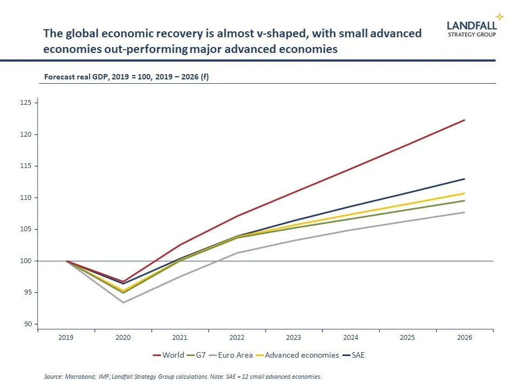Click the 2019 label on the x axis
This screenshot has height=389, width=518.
click(x=66, y=338)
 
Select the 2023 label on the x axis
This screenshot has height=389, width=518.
click(x=294, y=338)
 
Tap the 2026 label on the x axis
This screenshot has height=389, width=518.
click(x=465, y=338)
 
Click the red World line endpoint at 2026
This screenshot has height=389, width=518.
click(x=465, y=120)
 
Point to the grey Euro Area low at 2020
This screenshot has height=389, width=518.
click(x=124, y=303)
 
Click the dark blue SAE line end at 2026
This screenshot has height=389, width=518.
click(x=465, y=179)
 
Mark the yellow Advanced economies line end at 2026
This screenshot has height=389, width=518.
click(x=465, y=193)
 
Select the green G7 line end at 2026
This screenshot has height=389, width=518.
click(x=465, y=200)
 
